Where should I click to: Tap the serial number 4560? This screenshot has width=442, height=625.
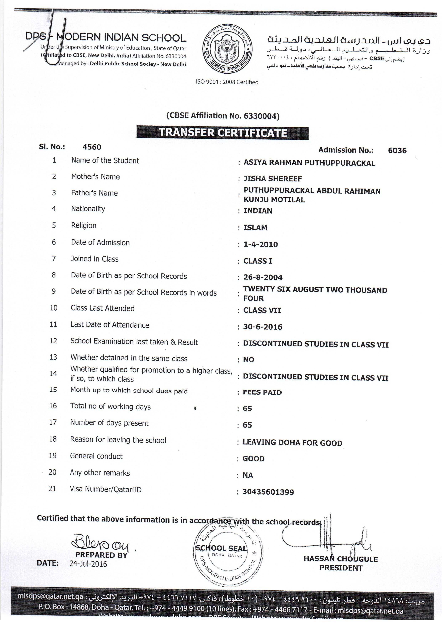click(x=92, y=147)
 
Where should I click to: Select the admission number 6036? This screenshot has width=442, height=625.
click(x=397, y=151)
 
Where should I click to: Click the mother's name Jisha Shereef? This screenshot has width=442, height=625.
click(x=272, y=179)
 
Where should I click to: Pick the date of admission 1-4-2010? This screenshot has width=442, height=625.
click(x=260, y=245)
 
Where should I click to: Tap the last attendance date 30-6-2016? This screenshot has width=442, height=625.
click(x=262, y=327)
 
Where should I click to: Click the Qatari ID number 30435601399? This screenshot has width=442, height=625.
click(x=268, y=492)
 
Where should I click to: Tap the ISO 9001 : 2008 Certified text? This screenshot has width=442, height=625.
click(x=227, y=82)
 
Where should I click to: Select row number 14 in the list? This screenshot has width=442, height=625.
click(x=53, y=374)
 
